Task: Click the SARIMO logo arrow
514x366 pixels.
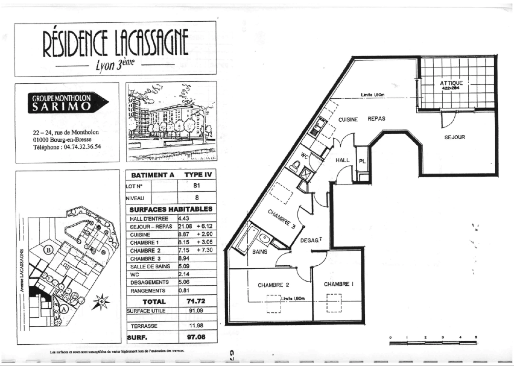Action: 68,103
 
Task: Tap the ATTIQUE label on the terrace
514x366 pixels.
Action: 451,83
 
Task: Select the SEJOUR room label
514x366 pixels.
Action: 455,137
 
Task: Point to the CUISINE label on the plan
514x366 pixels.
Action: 348,120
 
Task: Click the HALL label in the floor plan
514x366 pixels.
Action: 342,160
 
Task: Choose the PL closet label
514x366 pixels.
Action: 362,161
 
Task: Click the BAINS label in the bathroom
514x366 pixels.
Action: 260,252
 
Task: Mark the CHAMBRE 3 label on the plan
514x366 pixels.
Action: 282,219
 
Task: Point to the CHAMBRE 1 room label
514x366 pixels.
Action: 338,284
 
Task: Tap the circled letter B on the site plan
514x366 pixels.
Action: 49,250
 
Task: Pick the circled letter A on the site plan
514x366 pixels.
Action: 63,309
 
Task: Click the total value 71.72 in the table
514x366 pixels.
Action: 196,301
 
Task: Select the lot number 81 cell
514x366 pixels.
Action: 197,186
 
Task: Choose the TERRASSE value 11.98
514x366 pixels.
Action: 196,326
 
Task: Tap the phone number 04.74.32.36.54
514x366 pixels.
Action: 81,147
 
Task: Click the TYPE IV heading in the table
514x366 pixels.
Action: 198,175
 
